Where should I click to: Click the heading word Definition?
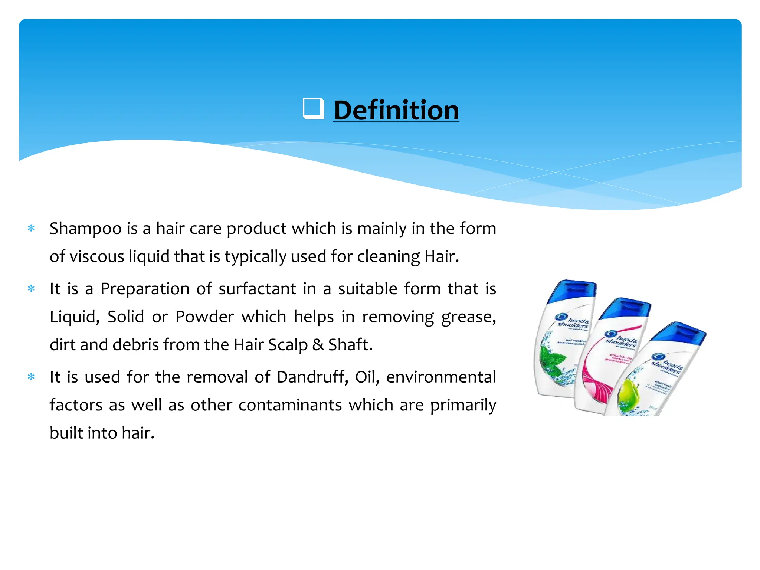(x=396, y=110)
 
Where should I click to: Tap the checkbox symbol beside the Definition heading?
(x=313, y=108)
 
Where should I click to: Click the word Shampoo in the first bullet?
(x=86, y=229)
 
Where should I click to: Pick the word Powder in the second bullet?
(x=204, y=317)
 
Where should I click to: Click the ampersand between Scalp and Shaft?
(x=318, y=345)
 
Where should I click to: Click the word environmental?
(x=441, y=377)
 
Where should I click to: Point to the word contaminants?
(x=290, y=405)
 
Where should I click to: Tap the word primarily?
(x=463, y=405)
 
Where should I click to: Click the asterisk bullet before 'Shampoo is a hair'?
(x=31, y=228)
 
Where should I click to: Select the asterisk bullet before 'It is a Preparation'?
(x=31, y=288)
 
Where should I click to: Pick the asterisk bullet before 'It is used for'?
(x=31, y=377)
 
